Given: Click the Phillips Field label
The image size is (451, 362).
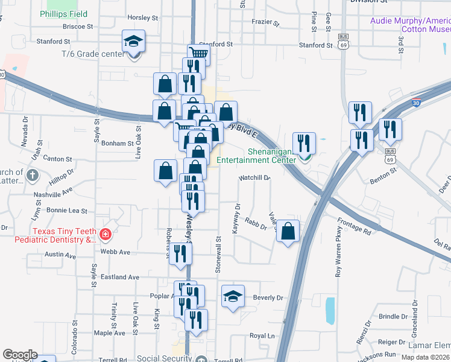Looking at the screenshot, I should coord(63,14).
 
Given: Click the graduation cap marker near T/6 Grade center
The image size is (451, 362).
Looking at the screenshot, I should coord(134,42).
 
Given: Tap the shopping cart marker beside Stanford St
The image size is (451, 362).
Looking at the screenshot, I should coord(198,54).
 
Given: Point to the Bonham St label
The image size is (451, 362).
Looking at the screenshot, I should coord(118,144).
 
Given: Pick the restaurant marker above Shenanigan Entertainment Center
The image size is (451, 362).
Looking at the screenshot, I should coord(304,144).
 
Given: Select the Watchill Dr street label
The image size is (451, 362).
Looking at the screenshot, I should coord(254,178).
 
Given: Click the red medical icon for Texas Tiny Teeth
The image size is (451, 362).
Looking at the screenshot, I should coord(106,233).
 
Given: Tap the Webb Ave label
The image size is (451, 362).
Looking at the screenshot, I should coord(116,252).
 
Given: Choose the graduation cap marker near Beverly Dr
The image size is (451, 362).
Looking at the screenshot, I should coord(233,296).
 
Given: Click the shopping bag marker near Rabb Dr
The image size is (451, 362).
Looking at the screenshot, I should coord(288,230).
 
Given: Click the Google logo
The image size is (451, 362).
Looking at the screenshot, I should coord(20,355).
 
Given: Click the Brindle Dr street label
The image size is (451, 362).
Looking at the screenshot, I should coord(393,316).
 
